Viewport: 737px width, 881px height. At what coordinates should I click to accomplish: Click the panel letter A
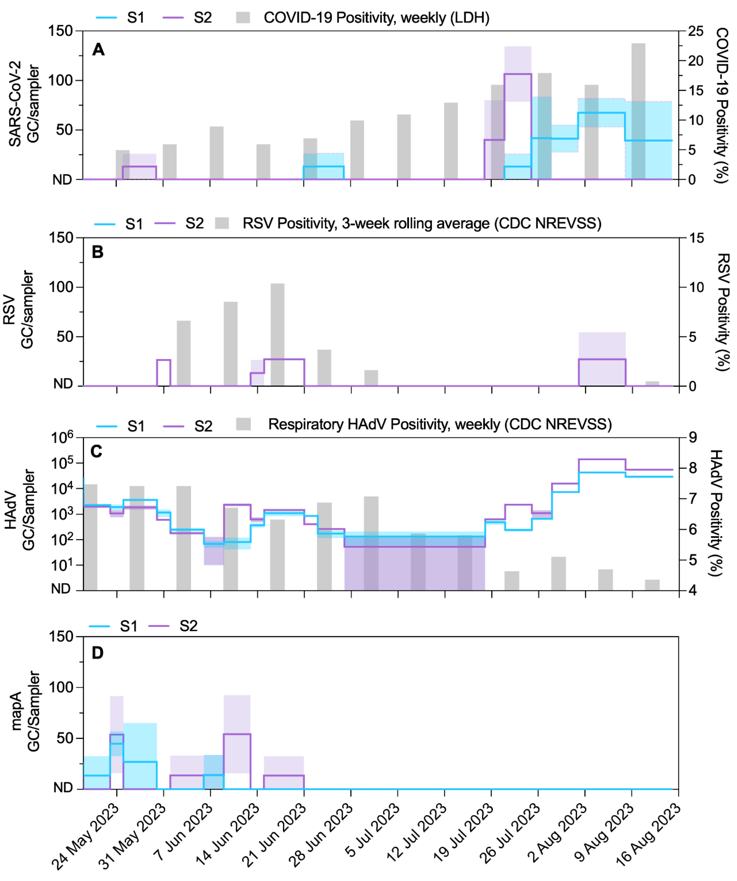[x=98, y=49]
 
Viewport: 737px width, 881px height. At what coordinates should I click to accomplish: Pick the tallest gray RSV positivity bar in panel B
[x=277, y=334]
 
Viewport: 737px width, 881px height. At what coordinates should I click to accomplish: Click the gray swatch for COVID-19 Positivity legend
[x=243, y=18]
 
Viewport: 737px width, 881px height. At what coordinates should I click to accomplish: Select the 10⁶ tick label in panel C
[x=62, y=438]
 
